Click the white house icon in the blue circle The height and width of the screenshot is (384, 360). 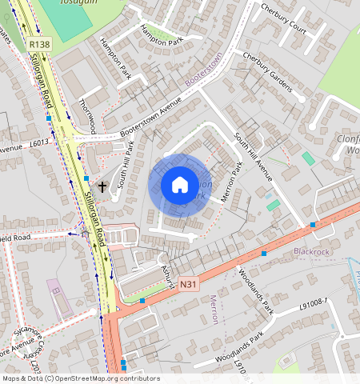point(180,186)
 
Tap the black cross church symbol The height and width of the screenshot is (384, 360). point(102,186)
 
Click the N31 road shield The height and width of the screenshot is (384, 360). point(188,284)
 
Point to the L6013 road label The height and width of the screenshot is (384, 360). point(40,142)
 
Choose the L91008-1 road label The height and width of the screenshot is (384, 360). point(314,302)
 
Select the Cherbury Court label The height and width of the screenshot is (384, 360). point(283,18)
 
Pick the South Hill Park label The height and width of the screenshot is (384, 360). point(126,164)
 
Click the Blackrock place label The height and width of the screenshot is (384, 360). point(312,251)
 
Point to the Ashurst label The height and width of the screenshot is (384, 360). point(167,272)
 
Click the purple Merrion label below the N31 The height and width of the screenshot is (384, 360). point(213,309)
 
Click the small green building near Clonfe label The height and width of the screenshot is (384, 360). point(308,158)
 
